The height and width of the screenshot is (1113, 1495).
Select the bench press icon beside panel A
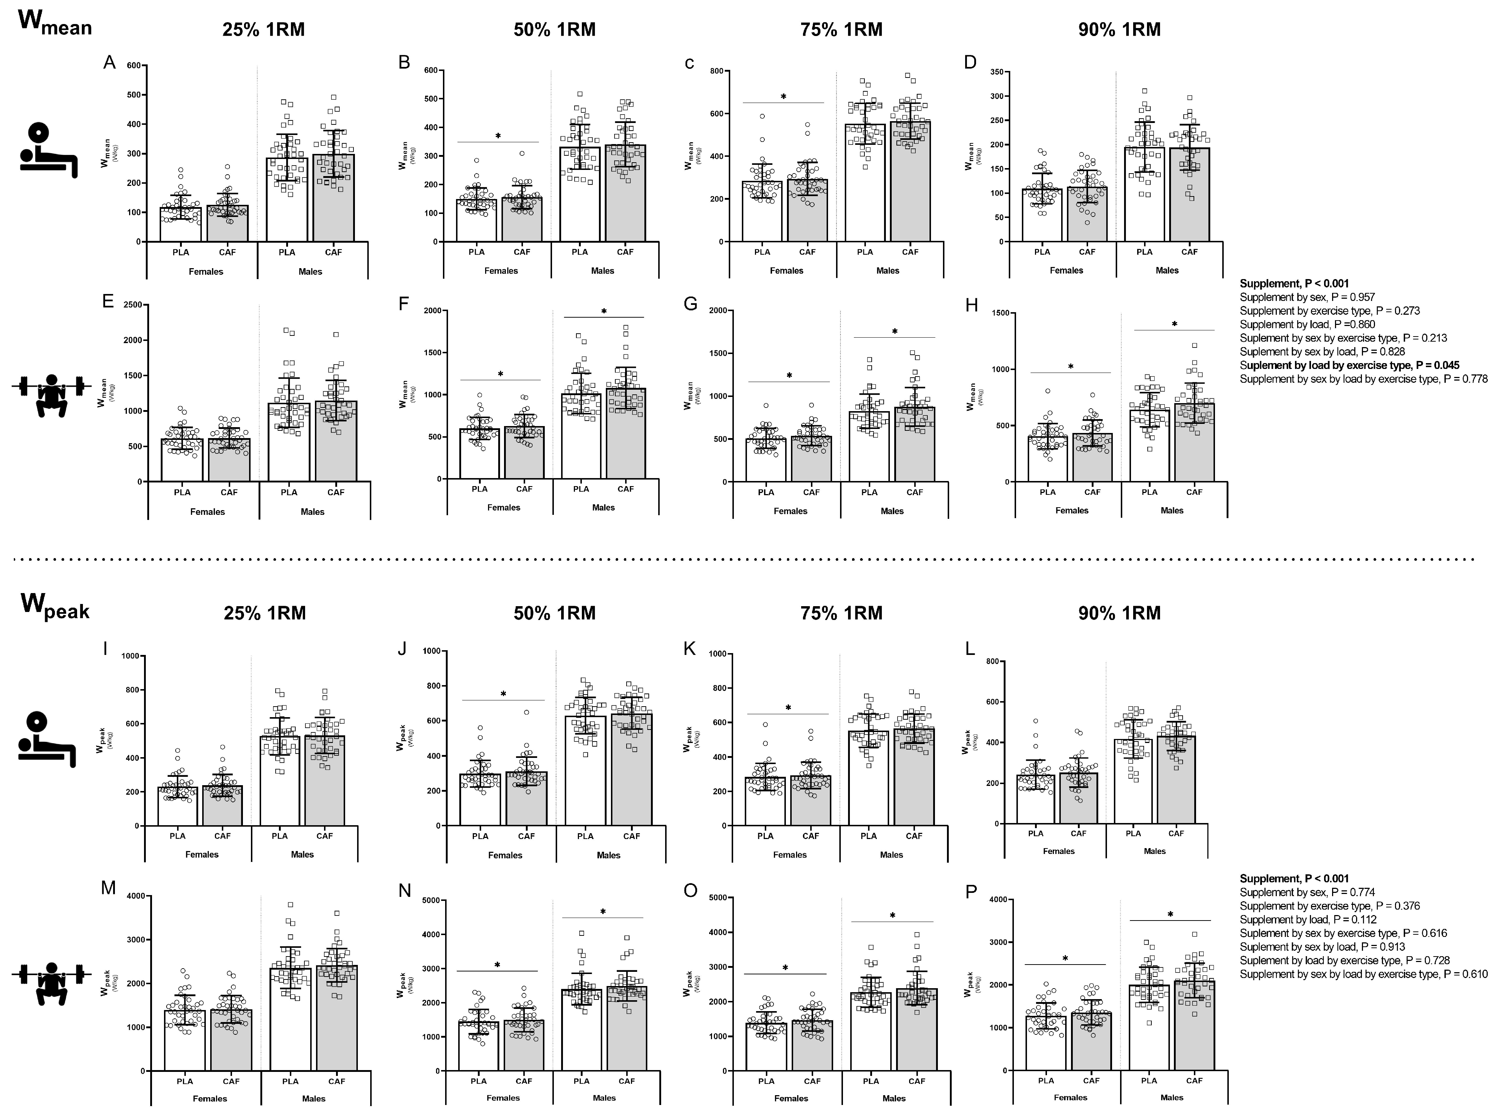click(48, 150)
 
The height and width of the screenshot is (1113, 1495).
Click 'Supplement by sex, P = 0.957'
click(1307, 297)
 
